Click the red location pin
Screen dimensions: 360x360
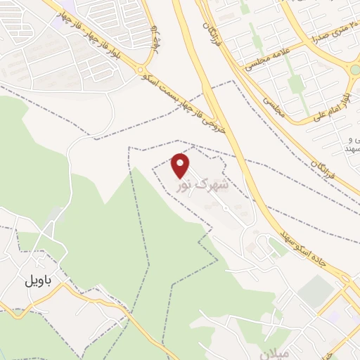coord(181,165)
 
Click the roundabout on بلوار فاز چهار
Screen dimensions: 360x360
coord(141,70)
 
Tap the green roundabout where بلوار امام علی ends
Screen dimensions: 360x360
coord(354,68)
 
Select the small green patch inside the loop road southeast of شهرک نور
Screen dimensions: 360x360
coord(276,246)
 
